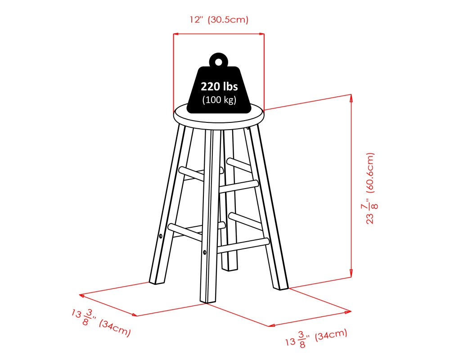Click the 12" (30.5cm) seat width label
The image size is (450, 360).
click(x=219, y=20)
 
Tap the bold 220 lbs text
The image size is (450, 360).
click(x=219, y=87)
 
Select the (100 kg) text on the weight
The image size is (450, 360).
click(x=219, y=100)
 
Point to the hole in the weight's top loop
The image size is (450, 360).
click(x=219, y=62)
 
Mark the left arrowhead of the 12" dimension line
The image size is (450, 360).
click(x=176, y=34)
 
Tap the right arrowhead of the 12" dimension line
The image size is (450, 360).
click(x=262, y=34)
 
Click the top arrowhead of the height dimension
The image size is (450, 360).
click(x=351, y=97)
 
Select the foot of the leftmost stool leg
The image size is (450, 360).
click(x=156, y=281)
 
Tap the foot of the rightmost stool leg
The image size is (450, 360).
click(x=283, y=285)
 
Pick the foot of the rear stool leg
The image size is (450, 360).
click(x=230, y=268)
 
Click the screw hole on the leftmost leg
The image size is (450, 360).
click(x=161, y=235)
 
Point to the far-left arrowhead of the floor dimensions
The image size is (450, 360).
click(x=81, y=295)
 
